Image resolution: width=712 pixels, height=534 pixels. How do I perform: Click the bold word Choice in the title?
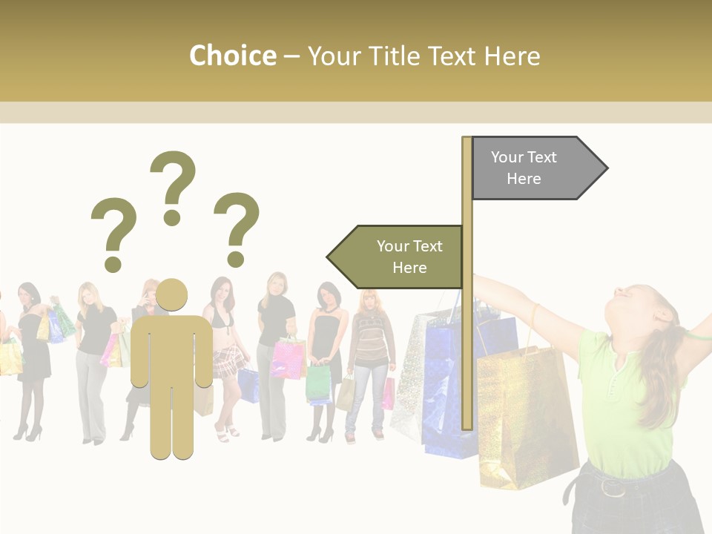pos(232,56)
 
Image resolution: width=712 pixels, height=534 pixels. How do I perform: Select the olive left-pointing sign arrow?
pos(397,257)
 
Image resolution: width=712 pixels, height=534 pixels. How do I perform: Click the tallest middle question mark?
pos(173,185)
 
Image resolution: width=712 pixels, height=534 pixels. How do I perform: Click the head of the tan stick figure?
pos(171,296)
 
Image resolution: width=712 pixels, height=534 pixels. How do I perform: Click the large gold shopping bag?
pos(523,415)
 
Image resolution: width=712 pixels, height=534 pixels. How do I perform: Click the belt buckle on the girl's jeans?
pos(612,487)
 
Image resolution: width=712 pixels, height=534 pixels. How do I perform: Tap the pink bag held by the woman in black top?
pos(287,357)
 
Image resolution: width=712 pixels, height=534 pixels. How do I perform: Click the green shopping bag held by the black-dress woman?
pos(318,383)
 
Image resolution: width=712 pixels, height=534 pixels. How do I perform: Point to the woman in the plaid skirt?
pos(223,349)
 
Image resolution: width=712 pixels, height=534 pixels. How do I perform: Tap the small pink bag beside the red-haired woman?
pos(388,394)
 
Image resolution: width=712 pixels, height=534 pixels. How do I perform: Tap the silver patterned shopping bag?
pos(409,378)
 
